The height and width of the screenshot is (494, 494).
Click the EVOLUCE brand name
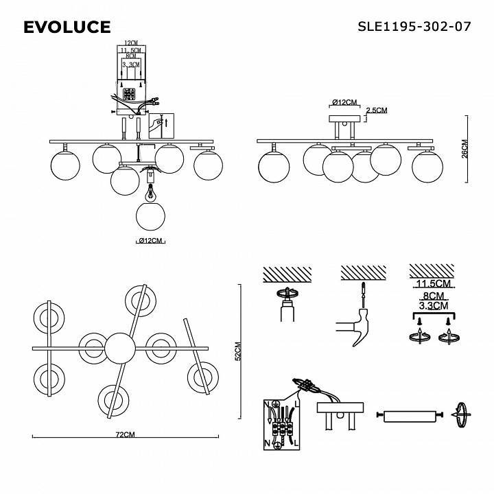[x=67, y=27]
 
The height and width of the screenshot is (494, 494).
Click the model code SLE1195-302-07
[x=414, y=27]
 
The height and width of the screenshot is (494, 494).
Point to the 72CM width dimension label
[x=125, y=435]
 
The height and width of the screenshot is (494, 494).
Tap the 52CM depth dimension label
[x=238, y=351]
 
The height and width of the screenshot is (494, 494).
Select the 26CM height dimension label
[x=464, y=149]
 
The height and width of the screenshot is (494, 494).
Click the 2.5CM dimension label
[x=377, y=110]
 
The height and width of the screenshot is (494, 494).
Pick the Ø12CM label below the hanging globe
[x=150, y=241]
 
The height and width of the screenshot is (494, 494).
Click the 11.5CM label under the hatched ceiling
[x=433, y=283]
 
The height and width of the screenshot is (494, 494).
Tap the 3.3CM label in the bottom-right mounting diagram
[x=433, y=305]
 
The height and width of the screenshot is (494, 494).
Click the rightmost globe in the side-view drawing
[x=427, y=165]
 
